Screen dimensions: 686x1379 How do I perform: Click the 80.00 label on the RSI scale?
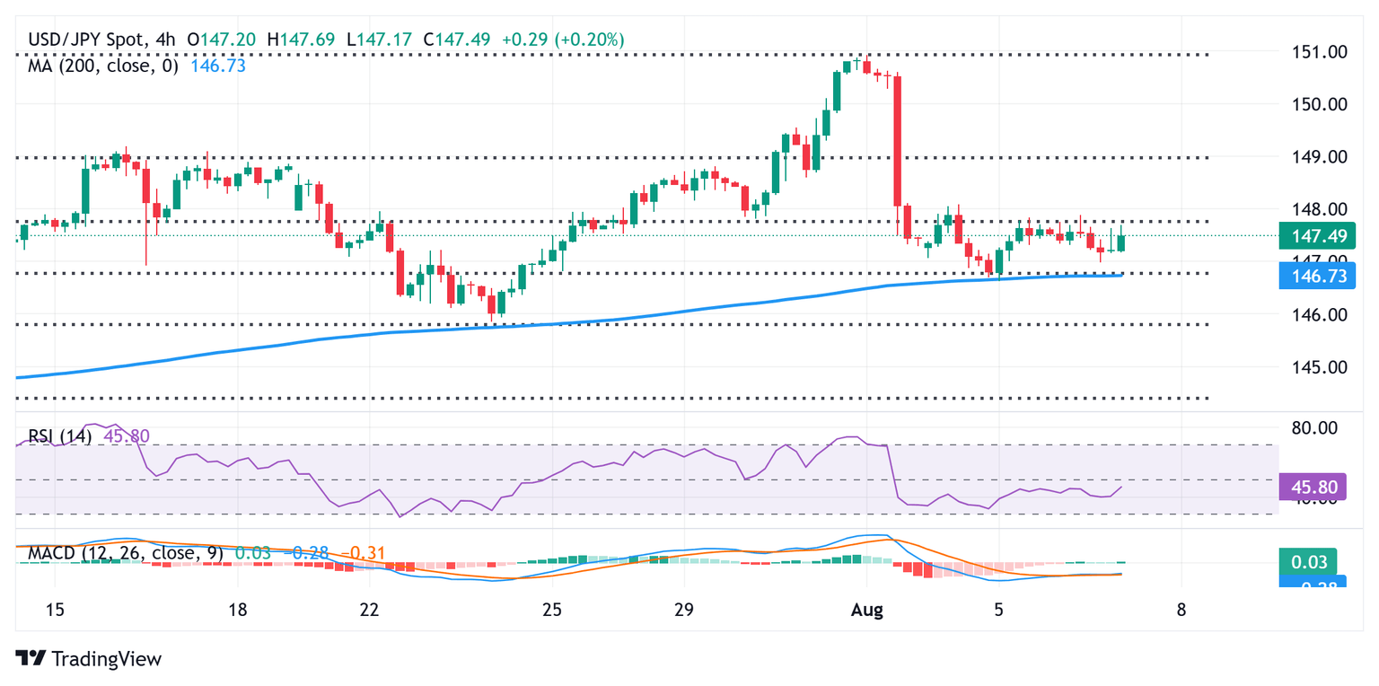point(1318,427)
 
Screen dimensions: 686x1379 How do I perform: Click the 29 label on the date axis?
point(683,611)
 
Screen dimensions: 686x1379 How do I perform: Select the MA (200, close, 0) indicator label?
point(103,66)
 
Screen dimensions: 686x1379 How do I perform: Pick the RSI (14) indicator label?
point(59,436)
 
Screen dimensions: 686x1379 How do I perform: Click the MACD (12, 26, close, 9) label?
point(123,554)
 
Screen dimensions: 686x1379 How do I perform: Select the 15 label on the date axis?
point(55,611)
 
